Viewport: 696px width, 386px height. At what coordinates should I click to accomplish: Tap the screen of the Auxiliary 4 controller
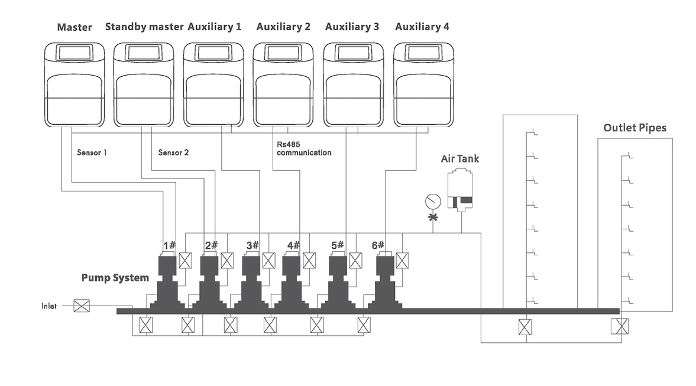click(x=423, y=53)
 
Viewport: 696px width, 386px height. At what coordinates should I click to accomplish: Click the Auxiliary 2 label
click(x=283, y=27)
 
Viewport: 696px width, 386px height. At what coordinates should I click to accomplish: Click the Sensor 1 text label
click(x=92, y=153)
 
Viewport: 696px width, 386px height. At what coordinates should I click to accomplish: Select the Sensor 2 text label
click(x=173, y=153)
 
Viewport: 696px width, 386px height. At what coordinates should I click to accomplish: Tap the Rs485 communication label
click(x=303, y=148)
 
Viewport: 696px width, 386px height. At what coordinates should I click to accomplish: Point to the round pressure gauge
click(x=433, y=202)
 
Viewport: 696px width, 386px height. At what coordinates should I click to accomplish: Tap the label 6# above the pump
click(x=378, y=245)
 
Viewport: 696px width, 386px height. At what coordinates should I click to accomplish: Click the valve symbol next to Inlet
click(x=81, y=306)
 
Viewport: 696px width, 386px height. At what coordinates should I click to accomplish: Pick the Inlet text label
click(x=49, y=306)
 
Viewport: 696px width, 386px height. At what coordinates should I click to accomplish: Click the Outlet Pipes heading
click(x=635, y=128)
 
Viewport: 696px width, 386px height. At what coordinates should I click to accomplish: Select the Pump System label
click(x=115, y=277)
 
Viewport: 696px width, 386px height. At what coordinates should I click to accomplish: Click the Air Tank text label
click(x=460, y=159)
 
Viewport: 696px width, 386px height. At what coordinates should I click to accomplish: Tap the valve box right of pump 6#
click(x=403, y=261)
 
